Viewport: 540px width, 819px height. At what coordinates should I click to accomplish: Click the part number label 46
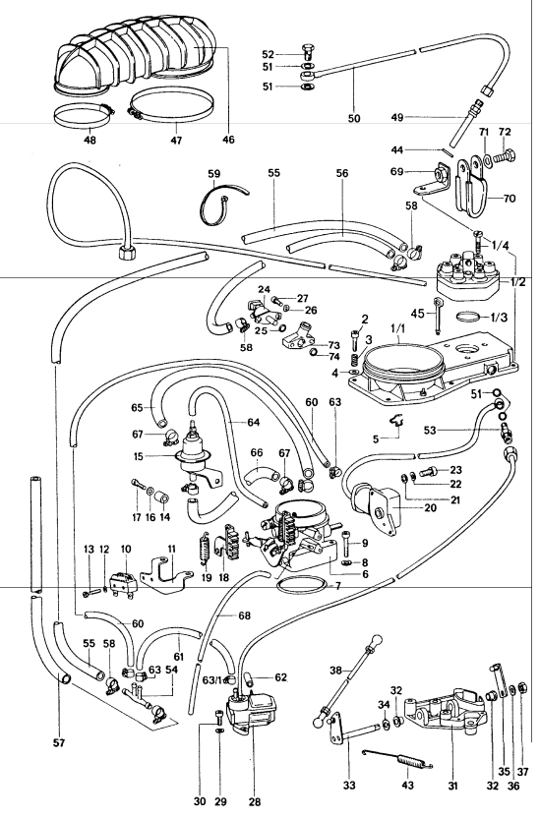[228, 140]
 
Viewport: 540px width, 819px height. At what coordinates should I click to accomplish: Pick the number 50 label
[354, 119]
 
